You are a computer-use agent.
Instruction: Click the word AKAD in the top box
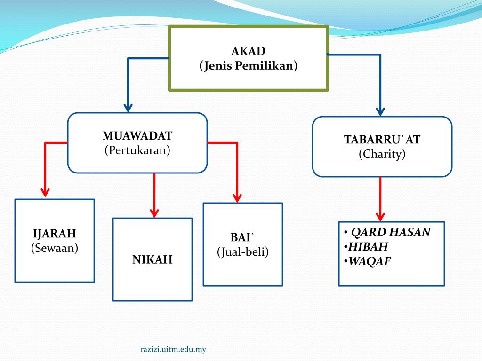pos(248,51)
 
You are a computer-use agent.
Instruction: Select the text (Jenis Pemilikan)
pos(248,66)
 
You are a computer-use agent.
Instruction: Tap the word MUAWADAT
pos(137,136)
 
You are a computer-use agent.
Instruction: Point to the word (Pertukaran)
pos(137,150)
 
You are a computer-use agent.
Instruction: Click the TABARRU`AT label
pos(382,140)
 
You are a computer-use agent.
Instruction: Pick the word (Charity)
pos(382,154)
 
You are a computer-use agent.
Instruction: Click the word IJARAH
pos(54,234)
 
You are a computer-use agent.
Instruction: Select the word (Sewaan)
pos(54,248)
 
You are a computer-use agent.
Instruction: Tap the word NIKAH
pos(152,259)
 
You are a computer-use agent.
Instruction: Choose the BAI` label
pos(242,237)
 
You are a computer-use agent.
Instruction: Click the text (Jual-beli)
pos(242,252)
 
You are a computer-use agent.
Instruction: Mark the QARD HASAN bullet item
pos(391,232)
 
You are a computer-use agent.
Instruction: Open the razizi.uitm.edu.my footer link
pos(174,349)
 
